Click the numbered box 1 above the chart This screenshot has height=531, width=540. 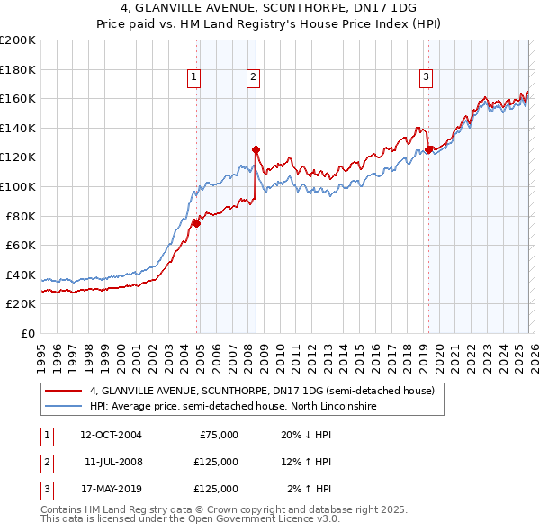[x=194, y=78]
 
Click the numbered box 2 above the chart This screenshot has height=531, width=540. [x=254, y=78]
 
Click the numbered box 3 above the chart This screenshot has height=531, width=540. [x=426, y=78]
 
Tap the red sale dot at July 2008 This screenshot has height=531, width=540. [x=256, y=149]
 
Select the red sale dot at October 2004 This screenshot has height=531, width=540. [x=196, y=223]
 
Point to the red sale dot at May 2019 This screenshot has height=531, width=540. [x=428, y=149]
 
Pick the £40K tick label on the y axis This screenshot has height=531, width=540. [x=21, y=274]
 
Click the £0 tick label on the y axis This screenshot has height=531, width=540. [x=28, y=333]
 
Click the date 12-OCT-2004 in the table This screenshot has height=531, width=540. [x=112, y=435]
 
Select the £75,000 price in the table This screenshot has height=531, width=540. [x=215, y=435]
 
